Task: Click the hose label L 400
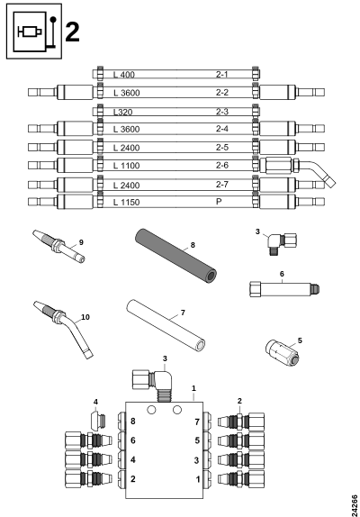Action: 124,75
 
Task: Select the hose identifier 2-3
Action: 222,112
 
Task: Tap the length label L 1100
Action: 127,166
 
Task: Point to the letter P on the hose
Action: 219,201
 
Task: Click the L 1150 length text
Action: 127,202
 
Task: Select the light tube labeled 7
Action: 166,325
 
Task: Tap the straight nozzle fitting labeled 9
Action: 58,246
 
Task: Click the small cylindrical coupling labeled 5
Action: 282,353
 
